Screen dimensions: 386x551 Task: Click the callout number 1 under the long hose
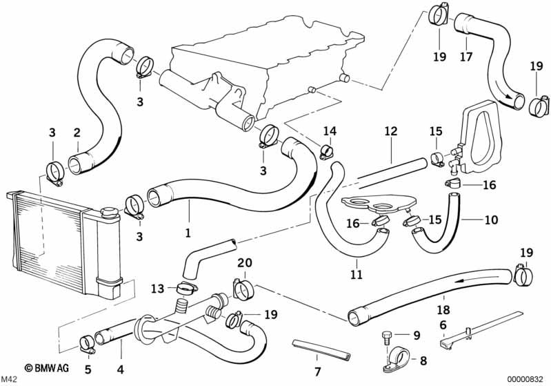click(x=187, y=233)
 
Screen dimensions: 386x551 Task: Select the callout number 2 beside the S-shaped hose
click(x=77, y=132)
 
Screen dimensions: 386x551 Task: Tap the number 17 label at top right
click(x=466, y=57)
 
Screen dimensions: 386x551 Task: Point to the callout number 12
click(x=391, y=131)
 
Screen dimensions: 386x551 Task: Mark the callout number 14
click(x=330, y=131)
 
